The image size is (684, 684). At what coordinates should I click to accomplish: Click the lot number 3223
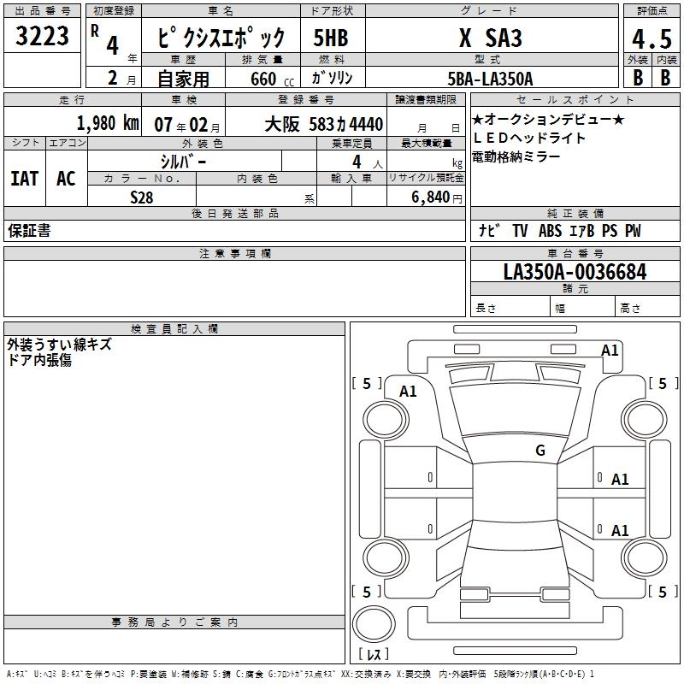(x=42, y=36)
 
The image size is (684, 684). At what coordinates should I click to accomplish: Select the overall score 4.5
(x=652, y=39)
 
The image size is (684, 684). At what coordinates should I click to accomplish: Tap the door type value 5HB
(x=331, y=38)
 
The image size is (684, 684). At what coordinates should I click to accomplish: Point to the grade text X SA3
(x=491, y=38)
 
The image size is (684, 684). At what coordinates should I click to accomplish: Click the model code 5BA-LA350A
(x=490, y=79)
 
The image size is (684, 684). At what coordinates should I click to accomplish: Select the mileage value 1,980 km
(x=109, y=123)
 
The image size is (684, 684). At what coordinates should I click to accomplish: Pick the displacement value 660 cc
(x=272, y=80)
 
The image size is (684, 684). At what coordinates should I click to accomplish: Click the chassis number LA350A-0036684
(x=575, y=272)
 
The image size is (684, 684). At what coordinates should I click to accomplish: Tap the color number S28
(x=142, y=198)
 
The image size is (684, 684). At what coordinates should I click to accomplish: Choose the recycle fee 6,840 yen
(x=437, y=198)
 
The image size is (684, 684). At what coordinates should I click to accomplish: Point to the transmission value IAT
(x=25, y=179)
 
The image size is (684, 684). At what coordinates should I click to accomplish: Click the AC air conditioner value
(x=67, y=179)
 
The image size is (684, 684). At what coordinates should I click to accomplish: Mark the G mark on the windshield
(x=540, y=451)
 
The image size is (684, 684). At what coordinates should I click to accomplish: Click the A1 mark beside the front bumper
(x=610, y=351)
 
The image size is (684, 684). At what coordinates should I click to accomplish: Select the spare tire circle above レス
(x=374, y=624)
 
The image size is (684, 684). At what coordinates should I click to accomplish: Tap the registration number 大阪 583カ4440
(x=324, y=124)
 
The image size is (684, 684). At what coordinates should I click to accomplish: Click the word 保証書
(x=29, y=230)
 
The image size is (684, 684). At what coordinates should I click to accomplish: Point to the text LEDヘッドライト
(x=529, y=139)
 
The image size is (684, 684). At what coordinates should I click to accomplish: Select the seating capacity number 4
(x=357, y=162)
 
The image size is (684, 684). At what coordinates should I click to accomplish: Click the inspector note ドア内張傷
(x=39, y=360)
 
